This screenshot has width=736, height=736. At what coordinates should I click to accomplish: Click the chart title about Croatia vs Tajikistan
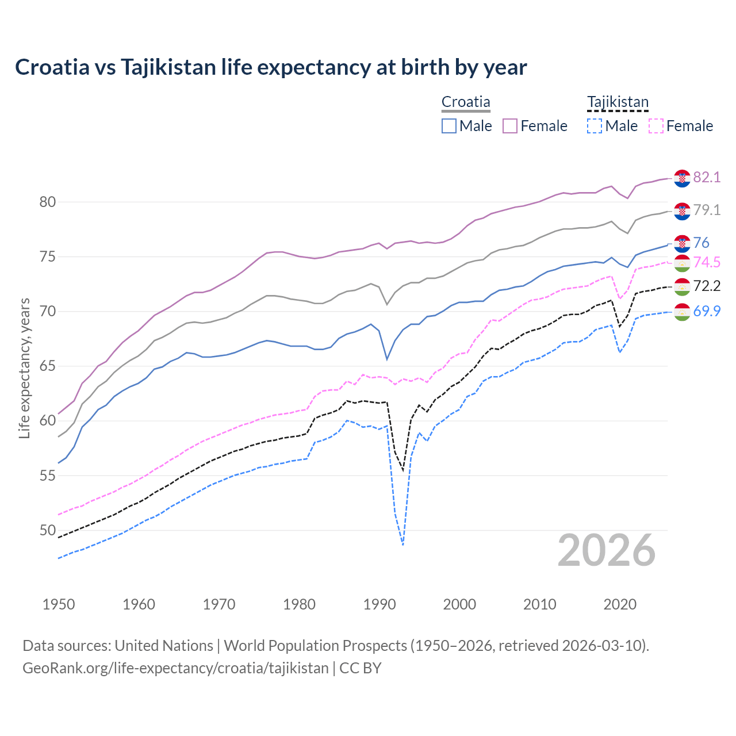pyautogui.click(x=271, y=67)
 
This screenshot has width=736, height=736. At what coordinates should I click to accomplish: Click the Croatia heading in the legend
pyautogui.click(x=466, y=102)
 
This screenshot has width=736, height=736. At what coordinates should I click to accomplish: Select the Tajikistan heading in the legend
pyautogui.click(x=618, y=102)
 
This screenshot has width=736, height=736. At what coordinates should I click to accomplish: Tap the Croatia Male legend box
pyautogui.click(x=449, y=126)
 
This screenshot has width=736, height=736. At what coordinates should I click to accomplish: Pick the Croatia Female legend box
pyautogui.click(x=510, y=126)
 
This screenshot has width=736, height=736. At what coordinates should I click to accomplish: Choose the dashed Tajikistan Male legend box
pyautogui.click(x=595, y=126)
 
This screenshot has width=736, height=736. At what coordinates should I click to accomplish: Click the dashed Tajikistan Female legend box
pyautogui.click(x=656, y=126)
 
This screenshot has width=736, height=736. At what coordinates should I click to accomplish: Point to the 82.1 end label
pyautogui.click(x=707, y=177)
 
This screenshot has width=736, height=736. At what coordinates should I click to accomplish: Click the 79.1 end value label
pyautogui.click(x=707, y=210)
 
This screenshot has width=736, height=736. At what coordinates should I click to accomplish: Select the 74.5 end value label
pyautogui.click(x=707, y=263)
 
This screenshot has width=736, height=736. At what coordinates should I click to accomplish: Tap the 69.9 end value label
pyautogui.click(x=707, y=311)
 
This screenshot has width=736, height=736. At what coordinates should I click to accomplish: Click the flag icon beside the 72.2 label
pyautogui.click(x=682, y=286)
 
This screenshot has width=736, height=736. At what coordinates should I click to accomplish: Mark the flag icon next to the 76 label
pyautogui.click(x=682, y=243)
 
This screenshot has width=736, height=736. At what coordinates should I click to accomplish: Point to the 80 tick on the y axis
pyautogui.click(x=48, y=202)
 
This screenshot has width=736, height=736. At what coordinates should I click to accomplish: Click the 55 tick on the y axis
pyautogui.click(x=48, y=476)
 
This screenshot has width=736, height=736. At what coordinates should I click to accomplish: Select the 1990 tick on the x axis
pyautogui.click(x=379, y=604)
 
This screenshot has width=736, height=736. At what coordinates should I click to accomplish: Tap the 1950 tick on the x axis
pyautogui.click(x=59, y=604)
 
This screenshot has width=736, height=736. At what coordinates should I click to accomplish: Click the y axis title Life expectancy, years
pyautogui.click(x=24, y=368)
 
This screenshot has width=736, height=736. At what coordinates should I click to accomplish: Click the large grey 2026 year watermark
pyautogui.click(x=607, y=550)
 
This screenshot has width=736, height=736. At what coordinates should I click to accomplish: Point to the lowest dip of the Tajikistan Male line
pyautogui.click(x=403, y=544)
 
